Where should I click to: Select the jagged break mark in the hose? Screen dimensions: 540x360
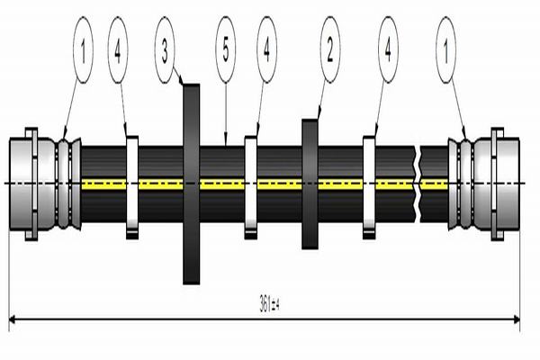coord(418,184)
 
